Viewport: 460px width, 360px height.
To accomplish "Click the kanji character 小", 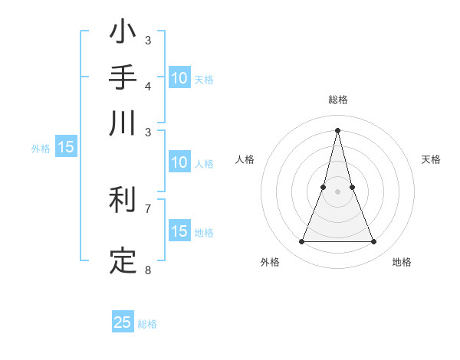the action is point(123,34).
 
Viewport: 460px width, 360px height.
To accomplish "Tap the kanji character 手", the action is point(123,78).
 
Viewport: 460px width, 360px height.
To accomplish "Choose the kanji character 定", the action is point(123,260).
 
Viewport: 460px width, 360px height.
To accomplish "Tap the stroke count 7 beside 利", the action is point(148,208).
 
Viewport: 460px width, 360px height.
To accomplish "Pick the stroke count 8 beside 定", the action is point(148,269).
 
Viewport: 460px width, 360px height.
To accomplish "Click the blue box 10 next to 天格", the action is point(179,78).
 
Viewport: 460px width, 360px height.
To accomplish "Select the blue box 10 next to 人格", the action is point(179,162).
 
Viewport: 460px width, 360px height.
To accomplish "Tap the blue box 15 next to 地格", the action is point(179,231).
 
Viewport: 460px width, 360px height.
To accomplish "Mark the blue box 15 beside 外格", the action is point(66,148).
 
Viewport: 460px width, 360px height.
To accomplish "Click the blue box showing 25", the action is point(123,322).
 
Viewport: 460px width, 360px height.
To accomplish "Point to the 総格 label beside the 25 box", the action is point(147,324).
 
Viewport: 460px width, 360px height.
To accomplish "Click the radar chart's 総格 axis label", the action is point(337,100).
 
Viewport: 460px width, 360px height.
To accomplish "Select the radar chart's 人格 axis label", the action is point(245,159).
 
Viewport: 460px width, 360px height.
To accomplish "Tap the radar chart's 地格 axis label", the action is point(402,263).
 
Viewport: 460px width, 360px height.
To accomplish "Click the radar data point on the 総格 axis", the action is point(337,130).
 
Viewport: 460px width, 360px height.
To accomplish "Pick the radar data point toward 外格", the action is point(301,242).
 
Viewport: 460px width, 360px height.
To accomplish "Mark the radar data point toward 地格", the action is point(374,242).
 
